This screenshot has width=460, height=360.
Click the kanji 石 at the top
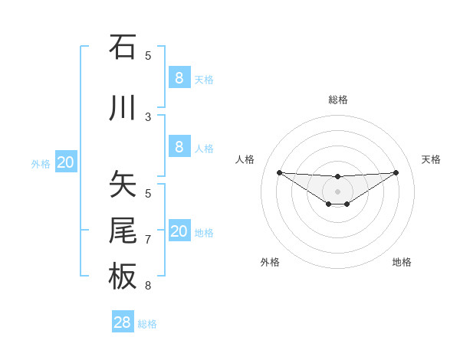(x=123, y=47)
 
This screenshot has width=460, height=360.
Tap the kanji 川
(x=123, y=108)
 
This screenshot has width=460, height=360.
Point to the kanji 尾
(x=123, y=231)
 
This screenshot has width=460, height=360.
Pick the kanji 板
(x=123, y=276)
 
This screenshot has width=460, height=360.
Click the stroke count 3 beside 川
(x=148, y=117)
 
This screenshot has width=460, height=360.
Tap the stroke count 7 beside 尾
(x=148, y=240)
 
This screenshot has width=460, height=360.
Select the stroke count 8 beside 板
(x=148, y=286)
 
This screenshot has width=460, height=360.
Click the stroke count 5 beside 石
(x=148, y=56)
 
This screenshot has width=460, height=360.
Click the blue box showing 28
(x=123, y=322)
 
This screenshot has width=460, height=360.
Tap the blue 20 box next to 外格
(x=66, y=162)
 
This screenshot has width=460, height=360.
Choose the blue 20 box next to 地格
(x=179, y=231)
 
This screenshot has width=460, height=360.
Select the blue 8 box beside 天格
(x=179, y=78)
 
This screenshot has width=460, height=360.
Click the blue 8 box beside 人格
(x=179, y=147)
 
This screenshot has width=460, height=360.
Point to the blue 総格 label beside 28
(x=147, y=324)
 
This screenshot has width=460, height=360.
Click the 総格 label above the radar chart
(x=337, y=100)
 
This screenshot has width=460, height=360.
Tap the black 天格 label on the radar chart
(x=431, y=159)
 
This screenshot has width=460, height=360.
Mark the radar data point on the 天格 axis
(x=396, y=172)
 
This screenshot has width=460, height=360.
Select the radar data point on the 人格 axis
(x=279, y=172)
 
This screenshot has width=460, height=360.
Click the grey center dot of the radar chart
(x=337, y=191)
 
